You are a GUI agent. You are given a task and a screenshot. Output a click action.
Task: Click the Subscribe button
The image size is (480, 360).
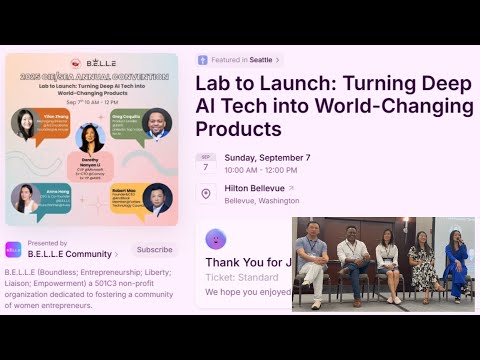click(154, 250)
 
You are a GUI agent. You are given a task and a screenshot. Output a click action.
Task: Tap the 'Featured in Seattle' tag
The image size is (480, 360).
click(239, 60)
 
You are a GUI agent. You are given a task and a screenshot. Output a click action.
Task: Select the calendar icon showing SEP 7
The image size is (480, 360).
click(206, 163)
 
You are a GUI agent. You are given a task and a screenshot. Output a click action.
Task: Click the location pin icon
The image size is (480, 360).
click(206, 193)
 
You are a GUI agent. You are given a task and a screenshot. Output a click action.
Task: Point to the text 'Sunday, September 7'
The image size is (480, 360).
click(267, 157)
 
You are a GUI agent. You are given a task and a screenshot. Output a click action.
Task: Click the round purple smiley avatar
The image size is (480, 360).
click(215, 239)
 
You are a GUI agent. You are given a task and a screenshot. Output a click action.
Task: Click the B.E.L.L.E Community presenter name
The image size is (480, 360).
click(70, 254)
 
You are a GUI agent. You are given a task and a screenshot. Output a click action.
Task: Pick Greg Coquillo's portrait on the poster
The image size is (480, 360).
click(156, 123)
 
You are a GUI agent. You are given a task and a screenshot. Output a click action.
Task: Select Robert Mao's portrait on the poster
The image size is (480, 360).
click(156, 198)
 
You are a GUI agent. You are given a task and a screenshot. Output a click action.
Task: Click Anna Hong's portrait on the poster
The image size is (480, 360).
click(26, 198)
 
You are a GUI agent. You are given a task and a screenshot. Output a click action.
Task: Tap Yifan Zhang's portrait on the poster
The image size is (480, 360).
click(26, 123)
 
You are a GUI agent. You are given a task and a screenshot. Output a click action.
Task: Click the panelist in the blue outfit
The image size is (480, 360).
click(457, 263)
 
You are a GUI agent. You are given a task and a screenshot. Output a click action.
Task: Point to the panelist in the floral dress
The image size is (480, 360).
click(423, 265)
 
